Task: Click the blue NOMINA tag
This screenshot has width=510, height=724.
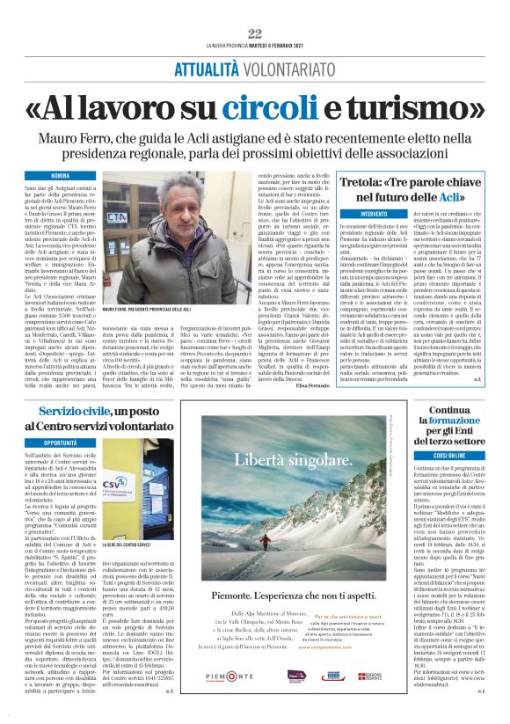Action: click(60, 176)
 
